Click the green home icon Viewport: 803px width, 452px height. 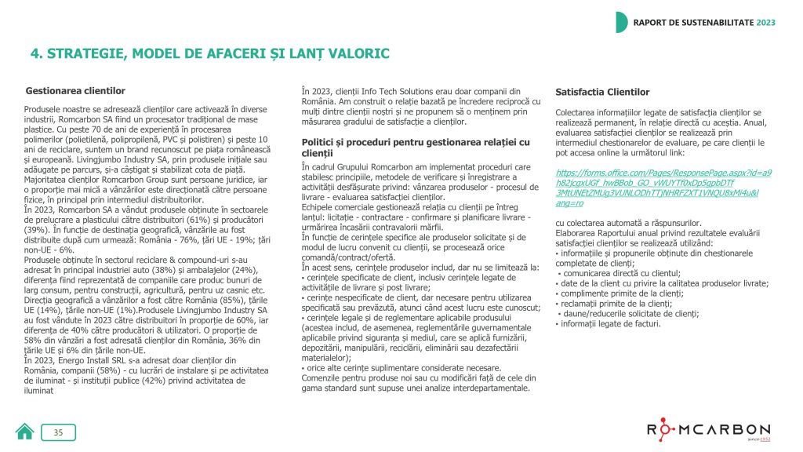[25, 431]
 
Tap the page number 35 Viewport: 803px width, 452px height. [58, 432]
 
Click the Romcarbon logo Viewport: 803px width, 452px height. [707, 430]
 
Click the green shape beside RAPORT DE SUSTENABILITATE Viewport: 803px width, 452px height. [621, 22]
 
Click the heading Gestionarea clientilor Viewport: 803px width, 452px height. [75, 91]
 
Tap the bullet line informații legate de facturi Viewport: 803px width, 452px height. [610, 323]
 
